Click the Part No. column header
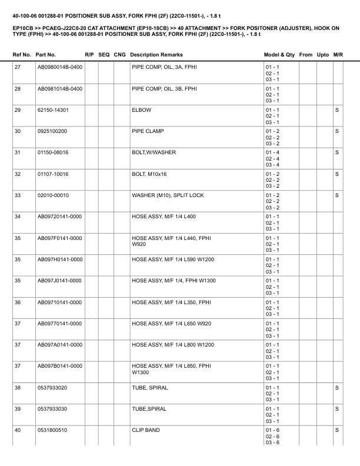[46, 54]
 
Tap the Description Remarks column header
[156, 54]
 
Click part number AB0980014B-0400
[59, 67]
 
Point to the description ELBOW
[141, 110]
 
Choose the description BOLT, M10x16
[149, 174]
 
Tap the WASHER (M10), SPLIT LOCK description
[168, 195]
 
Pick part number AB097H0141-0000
[59, 259]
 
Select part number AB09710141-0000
[59, 302]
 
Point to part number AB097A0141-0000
[59, 345]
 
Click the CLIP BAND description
[145, 431]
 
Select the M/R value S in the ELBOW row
[337, 110]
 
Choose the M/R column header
[338, 54]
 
